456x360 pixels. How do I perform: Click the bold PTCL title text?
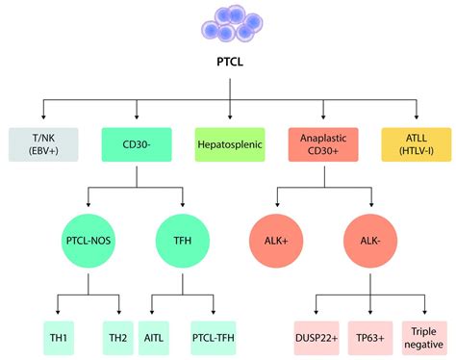pos(230,62)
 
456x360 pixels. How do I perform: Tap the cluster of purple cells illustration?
pos(232,23)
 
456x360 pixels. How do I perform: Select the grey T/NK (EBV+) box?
pos(43,144)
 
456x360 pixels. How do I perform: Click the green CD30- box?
pos(137,144)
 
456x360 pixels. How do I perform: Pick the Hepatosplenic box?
pos(230,144)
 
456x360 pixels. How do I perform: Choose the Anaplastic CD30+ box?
pos(323,144)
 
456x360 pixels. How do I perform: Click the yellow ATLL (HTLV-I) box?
pos(417,144)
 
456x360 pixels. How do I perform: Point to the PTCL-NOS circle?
pos(89,241)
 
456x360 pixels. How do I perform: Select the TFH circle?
pos(183,241)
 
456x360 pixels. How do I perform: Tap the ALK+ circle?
pos(276,241)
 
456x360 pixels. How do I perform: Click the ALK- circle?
pos(370,241)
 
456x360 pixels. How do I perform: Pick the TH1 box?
pos(59,338)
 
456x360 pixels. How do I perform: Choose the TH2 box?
pos(117,338)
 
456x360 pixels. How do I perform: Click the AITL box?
pos(154,338)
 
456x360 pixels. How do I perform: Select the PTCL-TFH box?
pos(214,338)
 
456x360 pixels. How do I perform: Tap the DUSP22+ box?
pos(317,338)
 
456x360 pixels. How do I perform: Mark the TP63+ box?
pos(370,338)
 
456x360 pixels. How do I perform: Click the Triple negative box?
pos(424,338)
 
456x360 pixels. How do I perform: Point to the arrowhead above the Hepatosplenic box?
pos(230,116)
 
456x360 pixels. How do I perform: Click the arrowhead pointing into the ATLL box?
pos(417,116)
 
